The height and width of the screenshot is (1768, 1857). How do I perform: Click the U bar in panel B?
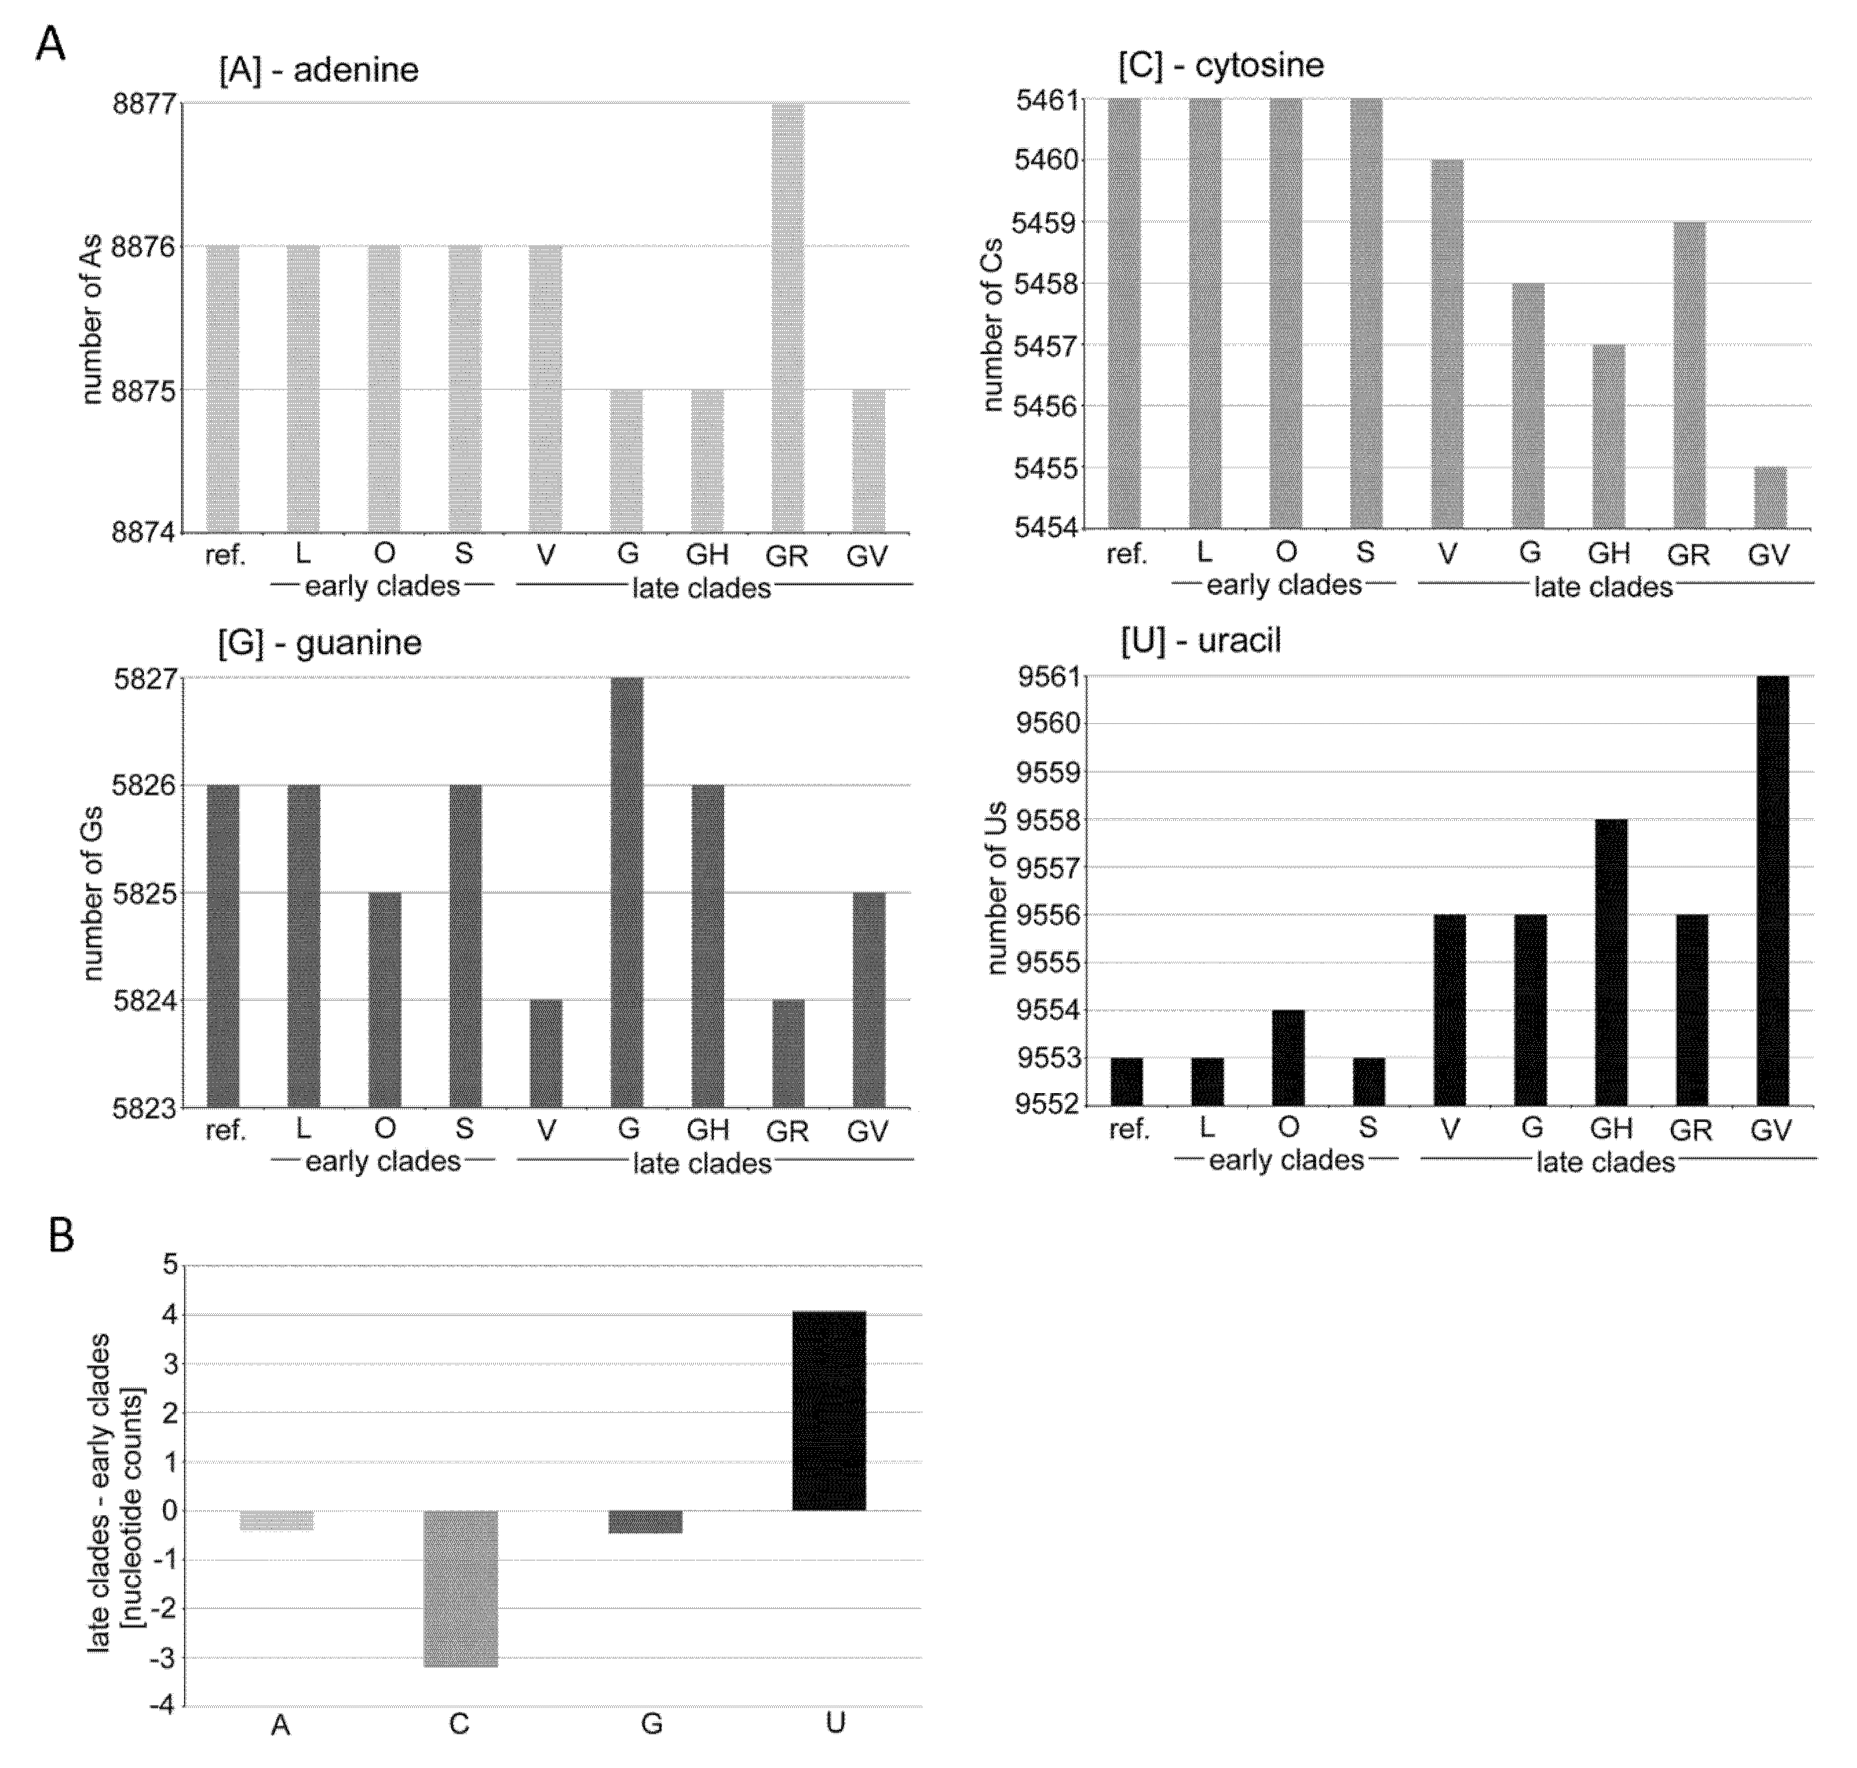[x=829, y=1411]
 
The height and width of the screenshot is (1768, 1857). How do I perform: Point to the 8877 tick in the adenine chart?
[x=144, y=103]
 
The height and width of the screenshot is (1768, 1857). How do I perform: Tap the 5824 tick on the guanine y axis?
[x=144, y=1000]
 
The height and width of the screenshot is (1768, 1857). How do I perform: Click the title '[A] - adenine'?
[x=319, y=70]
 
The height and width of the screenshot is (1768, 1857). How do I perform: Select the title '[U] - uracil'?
[x=1200, y=641]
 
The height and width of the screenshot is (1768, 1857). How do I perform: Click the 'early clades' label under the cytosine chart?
[x=1284, y=585]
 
